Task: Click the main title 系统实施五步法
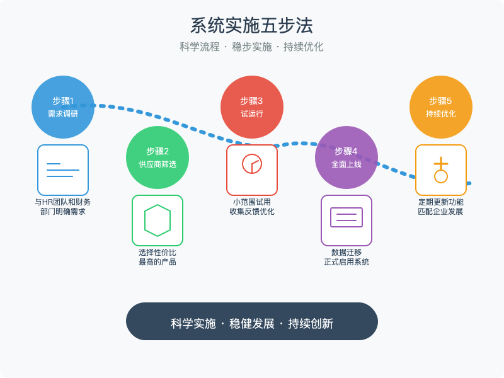pos(252,26)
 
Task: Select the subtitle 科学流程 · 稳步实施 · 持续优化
pos(252,47)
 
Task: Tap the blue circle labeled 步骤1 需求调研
pos(63,107)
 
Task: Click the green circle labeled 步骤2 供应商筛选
pos(157,157)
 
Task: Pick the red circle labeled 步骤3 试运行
pos(252,107)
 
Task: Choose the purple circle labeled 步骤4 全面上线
pos(346,157)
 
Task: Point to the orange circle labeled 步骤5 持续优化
pos(441,107)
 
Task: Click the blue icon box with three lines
pos(63,170)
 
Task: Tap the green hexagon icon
pos(157,220)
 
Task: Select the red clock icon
pos(252,164)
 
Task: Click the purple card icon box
pos(346,220)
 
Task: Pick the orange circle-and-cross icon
pos(441,171)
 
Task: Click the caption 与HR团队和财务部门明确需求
pos(63,207)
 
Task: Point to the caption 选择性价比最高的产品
pos(157,257)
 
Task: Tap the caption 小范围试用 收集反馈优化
pos(252,207)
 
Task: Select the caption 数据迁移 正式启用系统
pos(346,257)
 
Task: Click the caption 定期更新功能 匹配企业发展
pos(441,207)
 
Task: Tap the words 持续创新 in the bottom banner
pos(311,324)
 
